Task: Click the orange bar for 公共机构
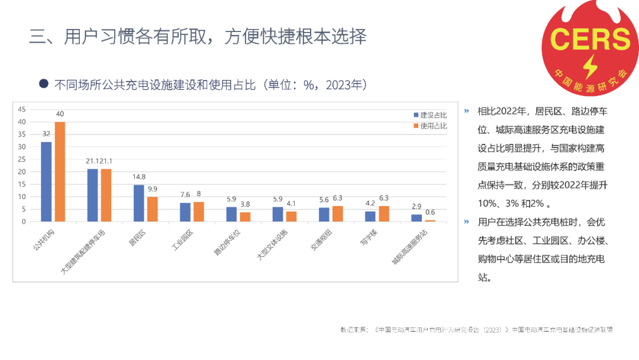coord(60,172)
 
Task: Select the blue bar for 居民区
coord(138,203)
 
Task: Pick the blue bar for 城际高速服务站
coord(417,218)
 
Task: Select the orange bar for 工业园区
coord(198,211)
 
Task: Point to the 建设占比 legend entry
coord(430,115)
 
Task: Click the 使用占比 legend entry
coord(430,126)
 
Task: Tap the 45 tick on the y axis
coord(22,110)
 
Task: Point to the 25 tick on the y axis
coord(22,159)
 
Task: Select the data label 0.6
coord(430,213)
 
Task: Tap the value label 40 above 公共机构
coord(60,114)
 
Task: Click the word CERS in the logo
coord(590,39)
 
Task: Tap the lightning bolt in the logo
coord(590,67)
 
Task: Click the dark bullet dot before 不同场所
coord(43,84)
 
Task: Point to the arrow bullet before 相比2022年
coord(466,111)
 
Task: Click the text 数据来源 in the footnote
coord(354,329)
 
